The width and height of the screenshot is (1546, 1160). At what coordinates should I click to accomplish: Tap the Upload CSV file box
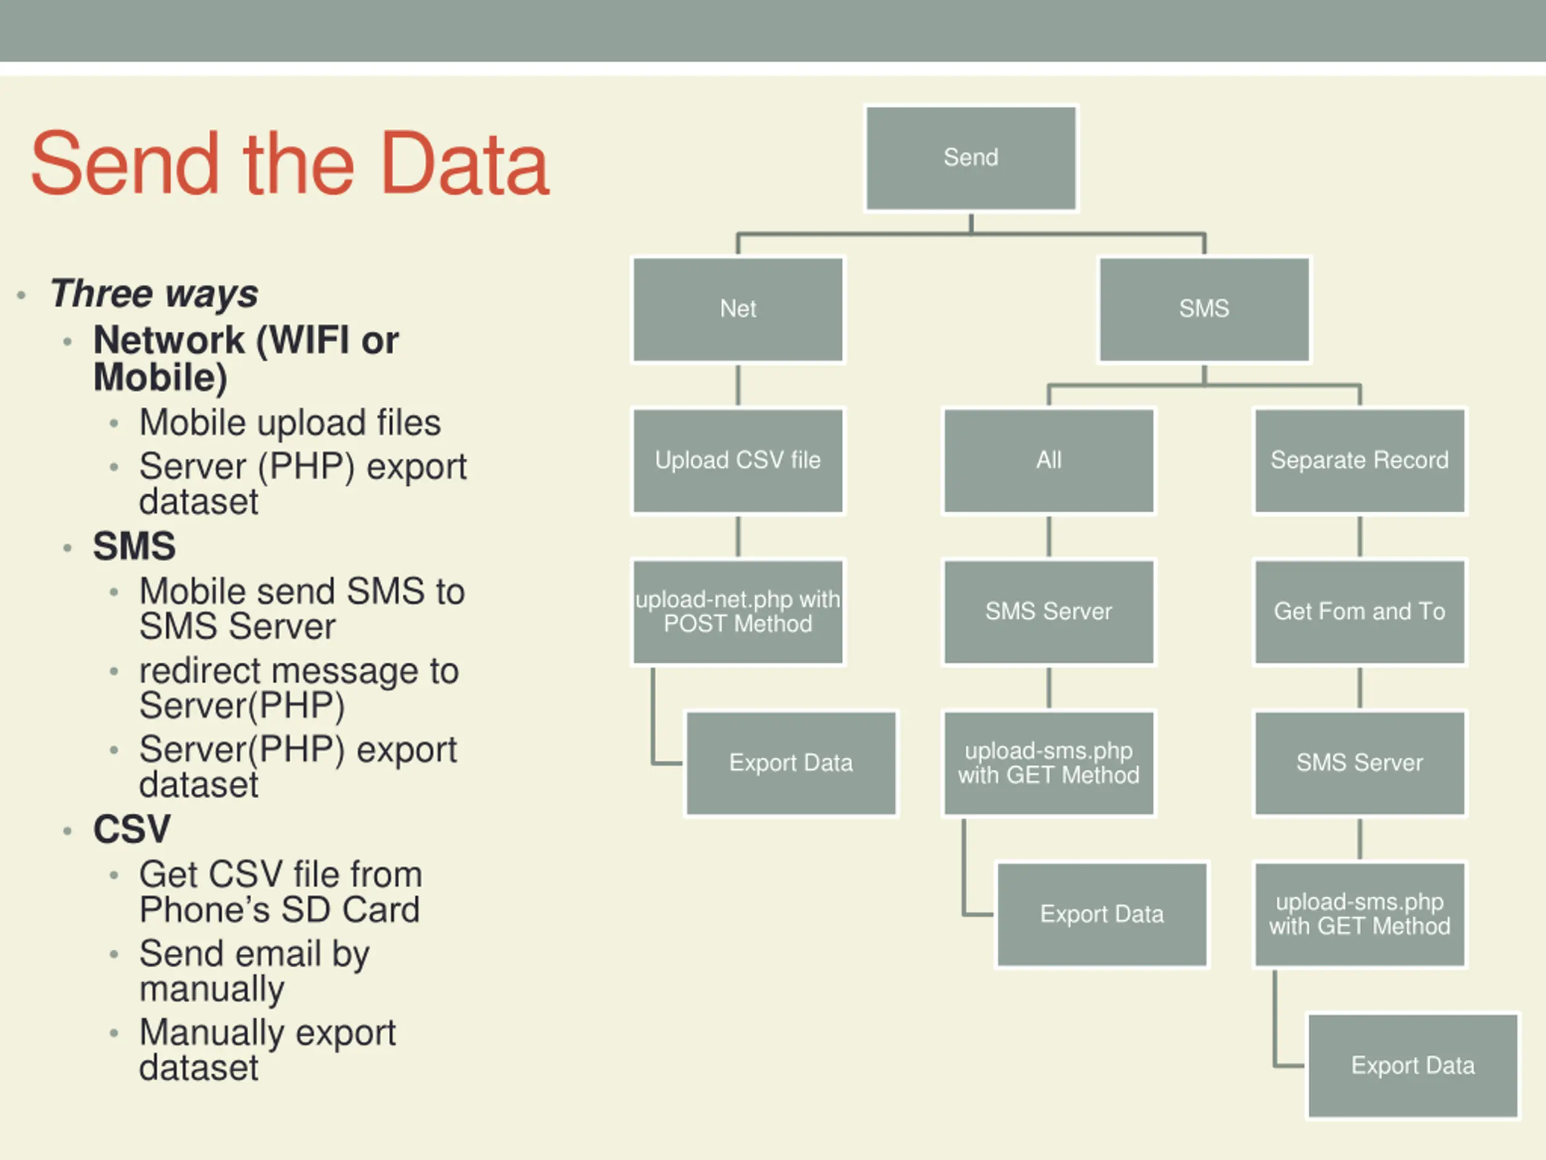tap(738, 461)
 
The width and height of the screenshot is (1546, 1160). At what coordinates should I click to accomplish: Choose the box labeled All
tap(1048, 461)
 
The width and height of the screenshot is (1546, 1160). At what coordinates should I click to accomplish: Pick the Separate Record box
tap(1359, 461)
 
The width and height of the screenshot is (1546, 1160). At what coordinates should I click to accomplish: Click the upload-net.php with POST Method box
tap(738, 612)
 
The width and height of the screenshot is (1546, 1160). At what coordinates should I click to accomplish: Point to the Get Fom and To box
tap(1359, 612)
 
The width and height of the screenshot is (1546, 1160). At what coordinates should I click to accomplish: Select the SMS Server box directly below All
tap(1048, 612)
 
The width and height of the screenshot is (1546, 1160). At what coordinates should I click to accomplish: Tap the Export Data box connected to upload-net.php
tap(791, 763)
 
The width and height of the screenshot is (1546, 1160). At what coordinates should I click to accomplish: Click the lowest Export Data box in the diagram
tap(1413, 1066)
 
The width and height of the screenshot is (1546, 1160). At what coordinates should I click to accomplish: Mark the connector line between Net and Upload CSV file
tap(738, 385)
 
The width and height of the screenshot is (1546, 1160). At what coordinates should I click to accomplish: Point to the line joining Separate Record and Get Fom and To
tap(1359, 536)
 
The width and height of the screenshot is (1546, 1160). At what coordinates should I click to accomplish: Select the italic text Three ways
tap(155, 293)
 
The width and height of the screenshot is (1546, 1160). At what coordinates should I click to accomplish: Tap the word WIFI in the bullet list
tap(303, 341)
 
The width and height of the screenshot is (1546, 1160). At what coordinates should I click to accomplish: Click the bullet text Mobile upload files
tap(290, 423)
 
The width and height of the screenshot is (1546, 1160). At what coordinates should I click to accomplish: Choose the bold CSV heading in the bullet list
tap(132, 830)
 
